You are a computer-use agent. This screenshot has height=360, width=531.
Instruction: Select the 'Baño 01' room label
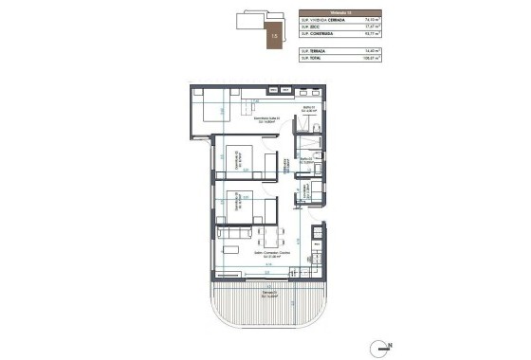tap(308, 109)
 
